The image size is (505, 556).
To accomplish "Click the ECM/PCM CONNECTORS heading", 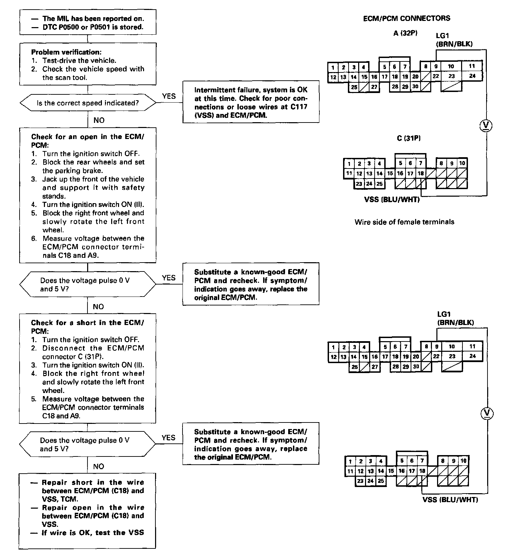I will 407,19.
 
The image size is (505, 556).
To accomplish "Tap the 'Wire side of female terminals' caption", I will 404,222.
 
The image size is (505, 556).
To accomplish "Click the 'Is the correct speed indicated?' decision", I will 88,103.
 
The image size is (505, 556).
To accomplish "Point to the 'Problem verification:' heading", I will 66,52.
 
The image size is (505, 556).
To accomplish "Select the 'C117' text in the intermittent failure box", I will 297,107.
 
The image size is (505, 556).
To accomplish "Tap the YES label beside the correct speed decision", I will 169,96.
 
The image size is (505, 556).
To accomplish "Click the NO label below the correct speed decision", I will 99,120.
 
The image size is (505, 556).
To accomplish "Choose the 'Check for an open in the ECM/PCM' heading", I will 88,141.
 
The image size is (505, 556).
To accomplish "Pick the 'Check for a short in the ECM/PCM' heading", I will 87,327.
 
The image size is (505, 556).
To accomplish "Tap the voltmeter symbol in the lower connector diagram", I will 486,413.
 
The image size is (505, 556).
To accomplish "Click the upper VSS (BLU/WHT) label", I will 392,199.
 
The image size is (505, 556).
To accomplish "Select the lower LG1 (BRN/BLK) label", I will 455,318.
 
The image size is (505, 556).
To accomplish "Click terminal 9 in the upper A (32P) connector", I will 436,67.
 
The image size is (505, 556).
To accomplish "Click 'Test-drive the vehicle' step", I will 79,60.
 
